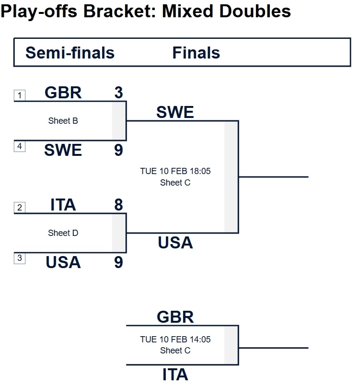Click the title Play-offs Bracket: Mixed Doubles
[146, 11]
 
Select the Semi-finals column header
[70, 52]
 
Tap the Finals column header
[196, 52]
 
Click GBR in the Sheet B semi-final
[63, 93]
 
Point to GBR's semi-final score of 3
[118, 93]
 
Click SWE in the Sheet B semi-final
[63, 151]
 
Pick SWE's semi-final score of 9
[118, 151]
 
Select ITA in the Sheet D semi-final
[63, 205]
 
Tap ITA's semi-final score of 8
[118, 205]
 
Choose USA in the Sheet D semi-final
[63, 263]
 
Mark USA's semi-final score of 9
[118, 263]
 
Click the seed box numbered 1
[19, 95]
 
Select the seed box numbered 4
[19, 146]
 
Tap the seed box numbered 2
[19, 208]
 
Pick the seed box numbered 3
[19, 258]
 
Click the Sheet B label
[63, 121]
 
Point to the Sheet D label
[63, 233]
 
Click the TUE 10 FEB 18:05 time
[175, 171]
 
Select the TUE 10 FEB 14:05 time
[175, 339]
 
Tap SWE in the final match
[175, 112]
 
